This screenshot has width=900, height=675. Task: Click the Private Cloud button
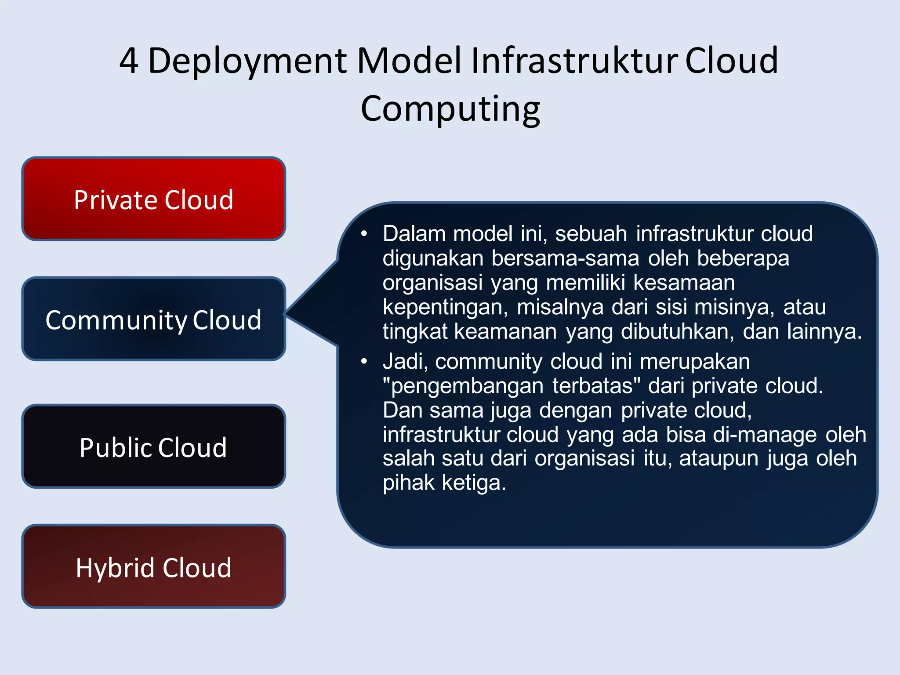[x=154, y=199]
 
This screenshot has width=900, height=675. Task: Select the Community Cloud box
[x=154, y=319]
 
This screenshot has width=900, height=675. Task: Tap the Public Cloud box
[x=154, y=446]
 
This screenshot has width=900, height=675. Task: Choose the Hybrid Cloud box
[x=154, y=566]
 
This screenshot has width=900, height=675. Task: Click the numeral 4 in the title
[x=129, y=61]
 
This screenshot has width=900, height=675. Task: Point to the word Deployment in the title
[x=248, y=62]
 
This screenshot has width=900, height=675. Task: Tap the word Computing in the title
[x=450, y=109]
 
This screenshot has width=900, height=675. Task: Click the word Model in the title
[x=409, y=61]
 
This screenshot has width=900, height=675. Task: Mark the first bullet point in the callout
[x=364, y=234]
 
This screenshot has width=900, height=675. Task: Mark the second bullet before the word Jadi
[x=364, y=362]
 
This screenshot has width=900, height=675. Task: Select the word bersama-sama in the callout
[x=565, y=258]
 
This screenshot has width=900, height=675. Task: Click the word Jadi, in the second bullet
[x=405, y=362]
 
